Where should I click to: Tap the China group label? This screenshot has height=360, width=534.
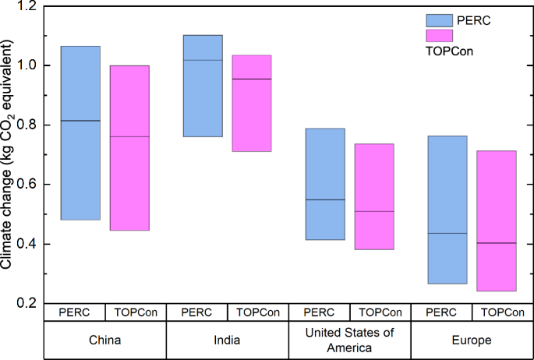click(105, 341)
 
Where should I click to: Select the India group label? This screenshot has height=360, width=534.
click(227, 341)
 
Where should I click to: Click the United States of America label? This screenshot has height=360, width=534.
click(349, 341)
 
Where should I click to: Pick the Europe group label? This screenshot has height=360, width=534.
click(472, 341)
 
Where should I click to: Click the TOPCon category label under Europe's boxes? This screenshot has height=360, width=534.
click(502, 312)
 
